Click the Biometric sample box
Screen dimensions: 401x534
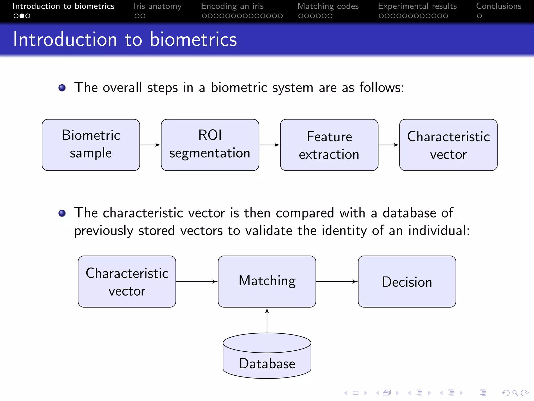(x=91, y=145)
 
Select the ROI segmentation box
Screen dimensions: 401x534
(x=210, y=145)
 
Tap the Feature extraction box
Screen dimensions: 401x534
(x=329, y=145)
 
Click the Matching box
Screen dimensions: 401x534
(x=267, y=281)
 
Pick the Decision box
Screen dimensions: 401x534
(x=407, y=281)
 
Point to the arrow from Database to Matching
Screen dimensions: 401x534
(x=267, y=321)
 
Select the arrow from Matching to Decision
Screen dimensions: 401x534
(x=336, y=281)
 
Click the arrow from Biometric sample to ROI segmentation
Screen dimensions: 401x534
(x=150, y=145)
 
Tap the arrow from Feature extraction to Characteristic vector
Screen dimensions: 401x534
(x=389, y=145)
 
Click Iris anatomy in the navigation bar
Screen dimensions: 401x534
(x=157, y=6)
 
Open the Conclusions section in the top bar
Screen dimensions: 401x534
(x=499, y=6)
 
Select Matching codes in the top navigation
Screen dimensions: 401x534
(x=328, y=6)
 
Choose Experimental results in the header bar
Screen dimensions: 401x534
(x=417, y=6)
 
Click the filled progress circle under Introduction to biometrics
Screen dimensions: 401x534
(x=22, y=16)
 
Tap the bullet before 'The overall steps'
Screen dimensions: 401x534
(x=62, y=88)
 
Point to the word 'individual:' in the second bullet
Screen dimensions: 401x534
(x=439, y=231)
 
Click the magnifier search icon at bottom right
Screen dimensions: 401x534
(x=515, y=393)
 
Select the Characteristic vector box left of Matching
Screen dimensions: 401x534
(x=127, y=281)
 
